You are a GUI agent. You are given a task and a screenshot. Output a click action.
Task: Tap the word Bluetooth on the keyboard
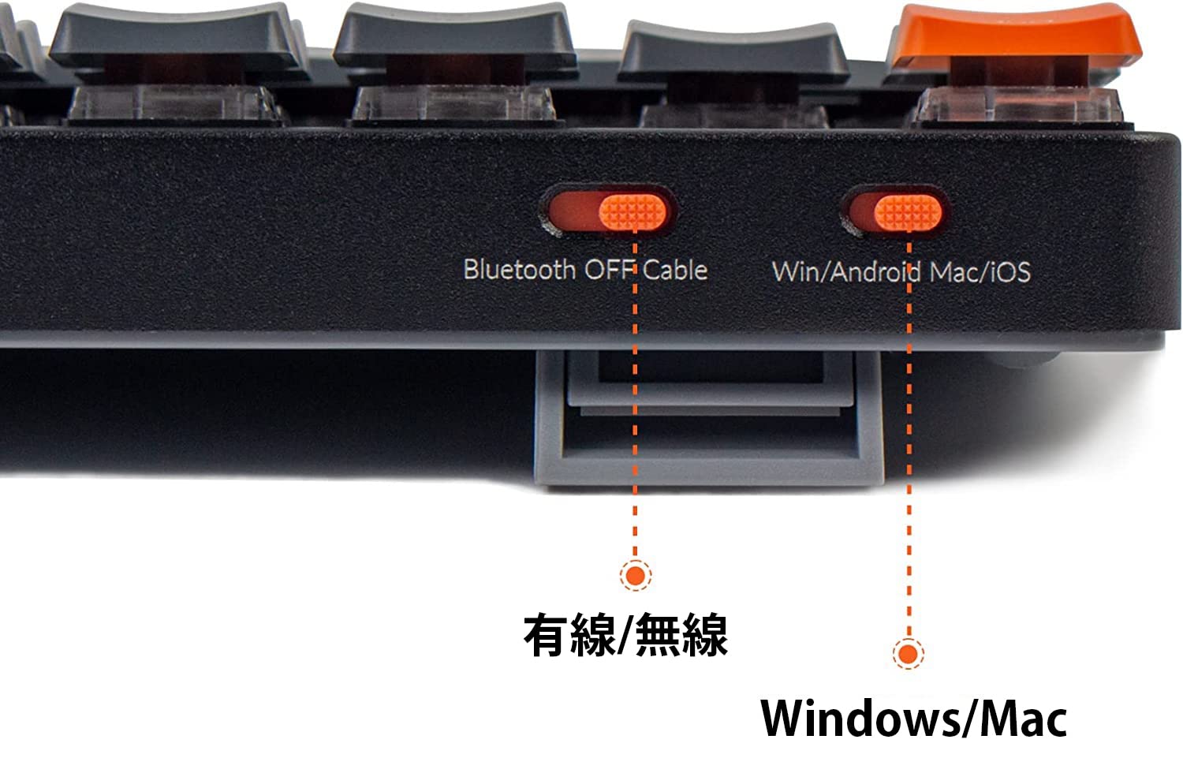519,270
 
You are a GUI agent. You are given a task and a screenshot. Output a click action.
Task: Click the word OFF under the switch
609,270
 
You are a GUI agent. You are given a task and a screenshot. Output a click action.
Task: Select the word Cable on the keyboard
675,270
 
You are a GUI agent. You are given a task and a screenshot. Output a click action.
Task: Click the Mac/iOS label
980,272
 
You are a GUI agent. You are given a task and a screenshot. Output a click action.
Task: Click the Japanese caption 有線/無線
625,635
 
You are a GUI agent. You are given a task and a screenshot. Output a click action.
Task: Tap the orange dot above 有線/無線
635,575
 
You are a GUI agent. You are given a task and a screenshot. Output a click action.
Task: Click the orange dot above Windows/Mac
908,653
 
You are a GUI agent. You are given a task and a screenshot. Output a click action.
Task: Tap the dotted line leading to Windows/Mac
909,473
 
